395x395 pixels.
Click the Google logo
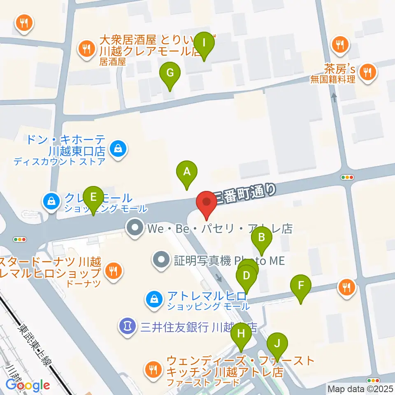pos(28,385)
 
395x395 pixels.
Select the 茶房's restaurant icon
pos(366,72)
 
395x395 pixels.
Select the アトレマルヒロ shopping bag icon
pos(154,298)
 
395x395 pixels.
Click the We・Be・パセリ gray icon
pos(135,228)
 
